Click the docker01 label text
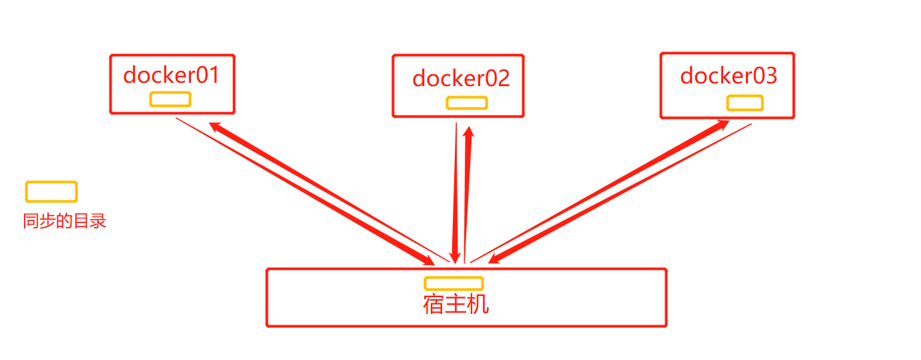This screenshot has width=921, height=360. pos(172,75)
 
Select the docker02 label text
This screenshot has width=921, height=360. pos(461,78)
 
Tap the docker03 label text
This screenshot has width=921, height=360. pos(729,76)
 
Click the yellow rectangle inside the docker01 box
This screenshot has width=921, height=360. pos(170,99)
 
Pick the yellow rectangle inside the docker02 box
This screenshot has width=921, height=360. pos(467,103)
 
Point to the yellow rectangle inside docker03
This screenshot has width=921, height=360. pos(745,103)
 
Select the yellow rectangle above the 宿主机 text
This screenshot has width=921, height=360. pos(453,283)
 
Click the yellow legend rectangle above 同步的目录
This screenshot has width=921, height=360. pos(51,192)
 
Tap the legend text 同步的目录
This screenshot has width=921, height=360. pos(65,221)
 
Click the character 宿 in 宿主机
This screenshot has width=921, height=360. pos(433,304)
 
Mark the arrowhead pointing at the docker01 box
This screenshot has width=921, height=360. pos(216,126)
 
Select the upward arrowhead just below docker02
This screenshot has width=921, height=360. pos(469,132)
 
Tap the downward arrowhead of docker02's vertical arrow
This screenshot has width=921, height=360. pos(455,257)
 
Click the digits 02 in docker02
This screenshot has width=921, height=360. pos(497,78)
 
